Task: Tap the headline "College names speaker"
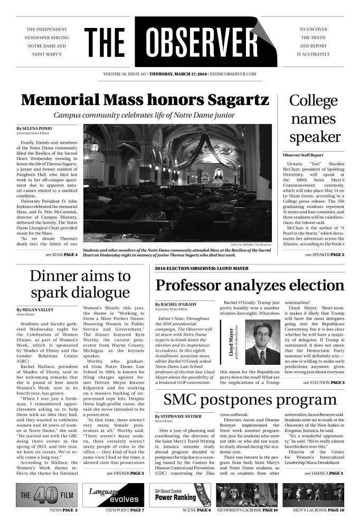pos(315,119)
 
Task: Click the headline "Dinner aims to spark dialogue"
pos(80,284)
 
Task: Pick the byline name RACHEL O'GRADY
pos(177,305)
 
